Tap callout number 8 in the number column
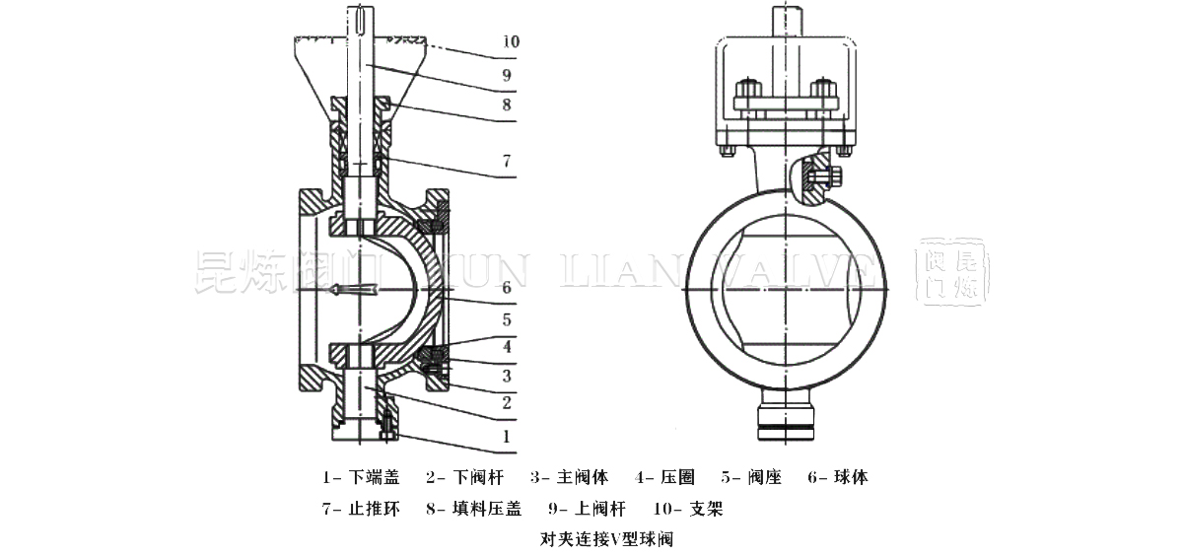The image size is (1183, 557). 505,104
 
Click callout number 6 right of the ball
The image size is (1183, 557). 505,288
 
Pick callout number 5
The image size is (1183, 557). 505,318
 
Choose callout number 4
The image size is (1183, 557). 505,346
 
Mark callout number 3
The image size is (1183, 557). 505,375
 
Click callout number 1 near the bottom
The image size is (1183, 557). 505,435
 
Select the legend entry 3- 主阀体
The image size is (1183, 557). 569,477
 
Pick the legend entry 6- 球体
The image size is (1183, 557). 837,477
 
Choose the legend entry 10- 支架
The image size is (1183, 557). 688,509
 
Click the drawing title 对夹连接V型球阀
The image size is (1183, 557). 591,539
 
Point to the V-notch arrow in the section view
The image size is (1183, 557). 355,289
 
